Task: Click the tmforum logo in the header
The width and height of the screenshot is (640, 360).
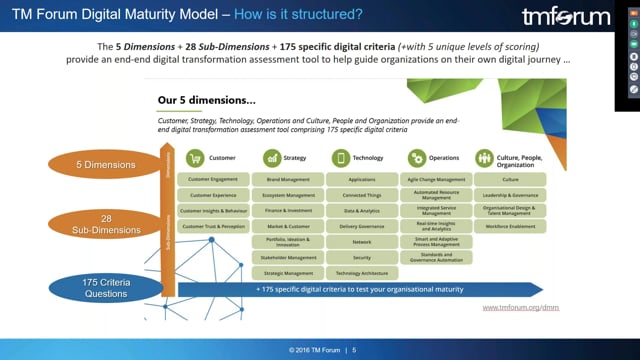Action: point(565,17)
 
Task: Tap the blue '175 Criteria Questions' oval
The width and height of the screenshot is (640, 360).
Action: point(105,288)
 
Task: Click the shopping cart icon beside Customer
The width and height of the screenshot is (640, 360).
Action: point(195,158)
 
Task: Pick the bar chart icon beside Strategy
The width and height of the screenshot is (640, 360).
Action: point(271,158)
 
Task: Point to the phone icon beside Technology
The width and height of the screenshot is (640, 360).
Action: point(341,158)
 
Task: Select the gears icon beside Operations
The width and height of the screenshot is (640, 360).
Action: point(416,158)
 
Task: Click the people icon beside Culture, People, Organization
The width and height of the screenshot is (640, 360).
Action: point(485,158)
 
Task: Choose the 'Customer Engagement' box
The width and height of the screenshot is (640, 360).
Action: point(213,180)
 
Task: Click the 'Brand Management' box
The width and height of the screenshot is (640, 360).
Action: point(289,180)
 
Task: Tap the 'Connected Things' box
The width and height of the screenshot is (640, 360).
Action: point(362,196)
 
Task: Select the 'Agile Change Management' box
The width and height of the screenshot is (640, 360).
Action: point(435,180)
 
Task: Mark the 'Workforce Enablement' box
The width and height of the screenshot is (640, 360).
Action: point(510,228)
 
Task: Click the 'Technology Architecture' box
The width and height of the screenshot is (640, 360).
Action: point(362,273)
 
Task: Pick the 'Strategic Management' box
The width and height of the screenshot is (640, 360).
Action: point(289,273)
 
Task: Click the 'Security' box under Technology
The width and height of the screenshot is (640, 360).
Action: point(362,257)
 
